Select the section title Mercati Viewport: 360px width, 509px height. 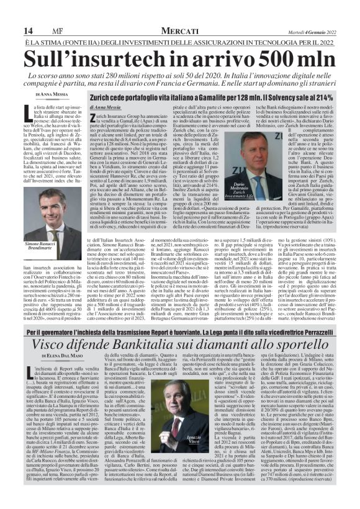coord(180,30)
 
